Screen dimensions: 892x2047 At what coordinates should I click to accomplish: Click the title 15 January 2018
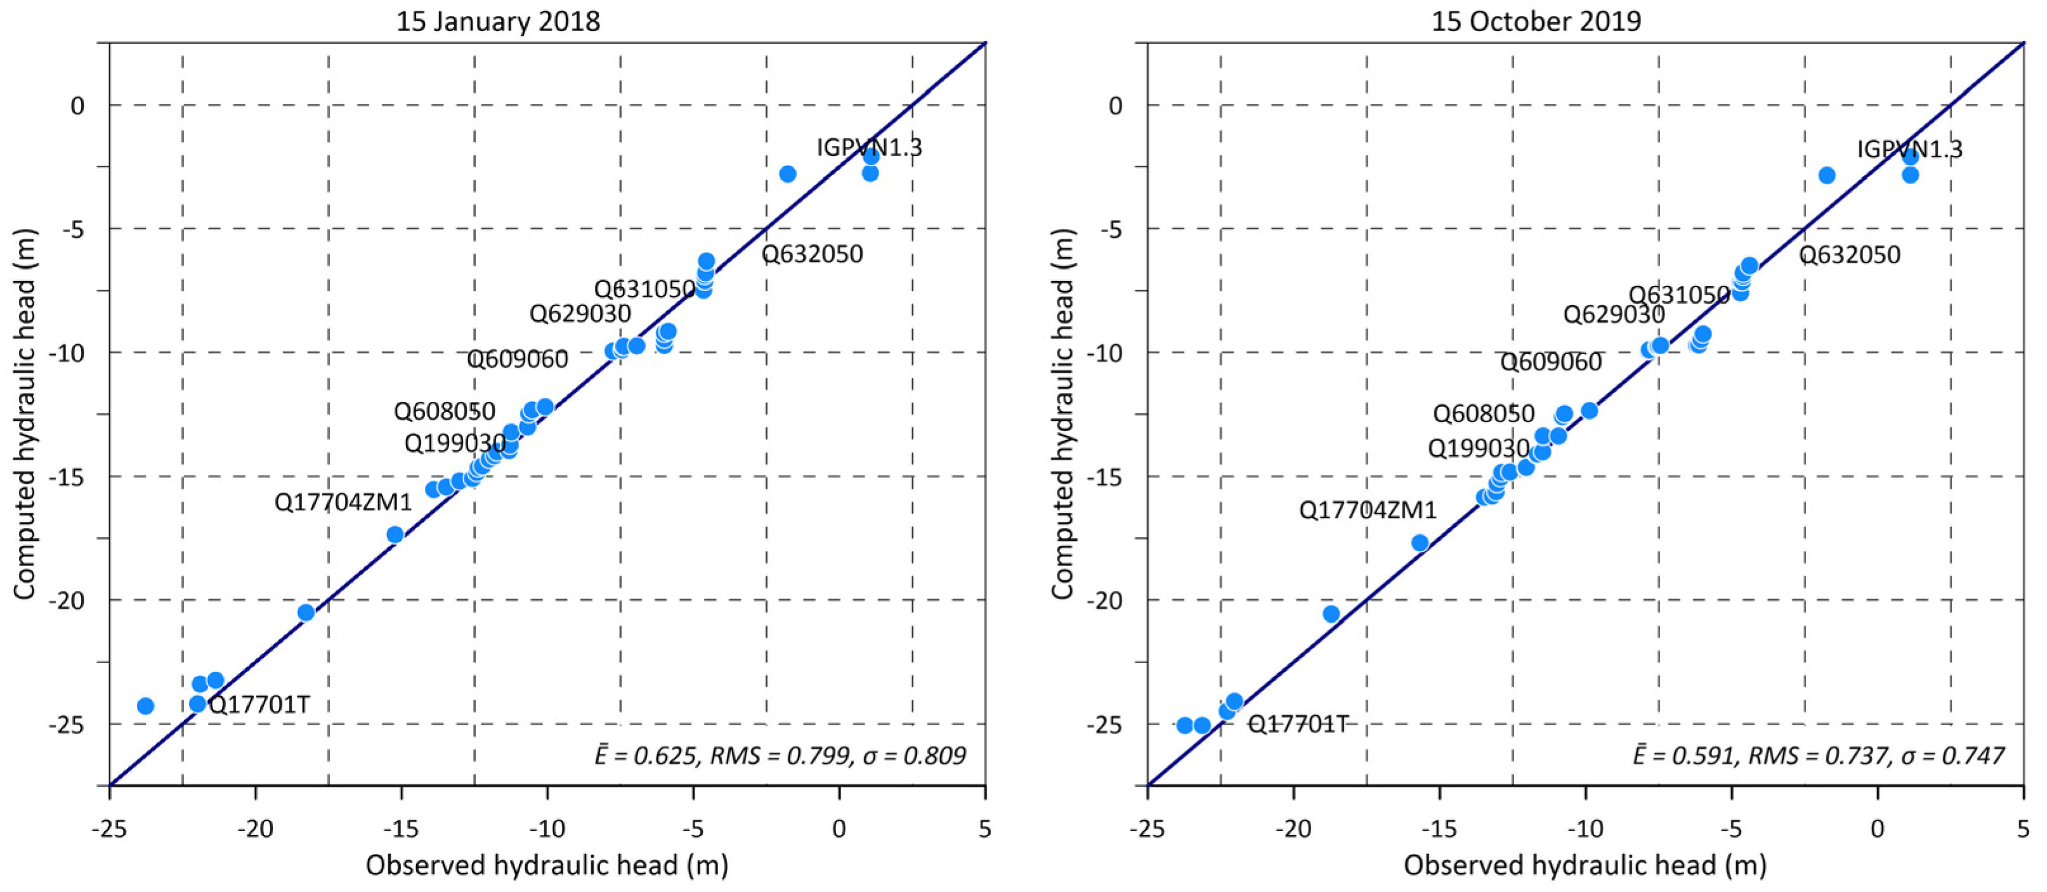(x=497, y=21)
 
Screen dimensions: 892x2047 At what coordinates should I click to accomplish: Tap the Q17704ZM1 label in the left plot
(x=343, y=502)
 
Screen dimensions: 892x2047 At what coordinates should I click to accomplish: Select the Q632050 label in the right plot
(x=1849, y=255)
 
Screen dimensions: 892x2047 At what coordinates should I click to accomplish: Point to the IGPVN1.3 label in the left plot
(x=869, y=147)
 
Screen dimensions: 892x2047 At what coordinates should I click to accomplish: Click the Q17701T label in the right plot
(x=1298, y=723)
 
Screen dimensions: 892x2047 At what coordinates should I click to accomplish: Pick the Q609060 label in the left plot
(x=518, y=359)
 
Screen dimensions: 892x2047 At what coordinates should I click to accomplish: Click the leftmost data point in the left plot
(x=145, y=706)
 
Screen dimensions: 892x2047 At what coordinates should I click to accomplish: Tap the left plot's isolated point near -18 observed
(x=306, y=612)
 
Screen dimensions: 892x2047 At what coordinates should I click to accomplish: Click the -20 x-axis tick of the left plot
(x=255, y=829)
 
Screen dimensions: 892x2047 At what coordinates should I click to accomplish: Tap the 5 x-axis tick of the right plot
(x=2022, y=829)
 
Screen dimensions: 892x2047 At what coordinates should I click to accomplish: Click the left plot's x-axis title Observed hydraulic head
(x=547, y=864)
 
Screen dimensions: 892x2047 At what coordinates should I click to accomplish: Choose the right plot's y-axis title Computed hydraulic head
(x=1063, y=413)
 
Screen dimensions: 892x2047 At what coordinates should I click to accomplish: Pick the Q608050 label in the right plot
(x=1483, y=413)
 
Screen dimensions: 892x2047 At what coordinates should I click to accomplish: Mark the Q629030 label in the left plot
(x=580, y=314)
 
